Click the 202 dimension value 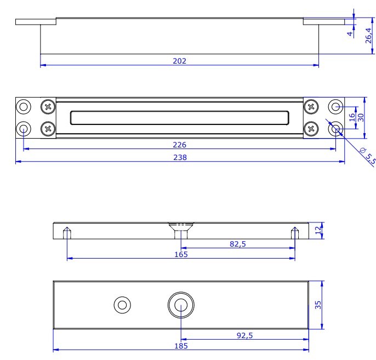coord(179,61)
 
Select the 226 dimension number coord(179,145)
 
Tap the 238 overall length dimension coord(180,157)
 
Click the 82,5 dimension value coord(237,244)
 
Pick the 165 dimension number coord(180,255)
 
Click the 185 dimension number coord(180,346)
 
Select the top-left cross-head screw coord(48,106)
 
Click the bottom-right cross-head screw coord(311,129)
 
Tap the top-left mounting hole coord(24,106)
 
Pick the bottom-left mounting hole coord(24,129)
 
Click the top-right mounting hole coord(335,106)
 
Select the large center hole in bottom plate coord(180,305)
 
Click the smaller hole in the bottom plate coord(122,305)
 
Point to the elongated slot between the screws coord(179,117)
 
